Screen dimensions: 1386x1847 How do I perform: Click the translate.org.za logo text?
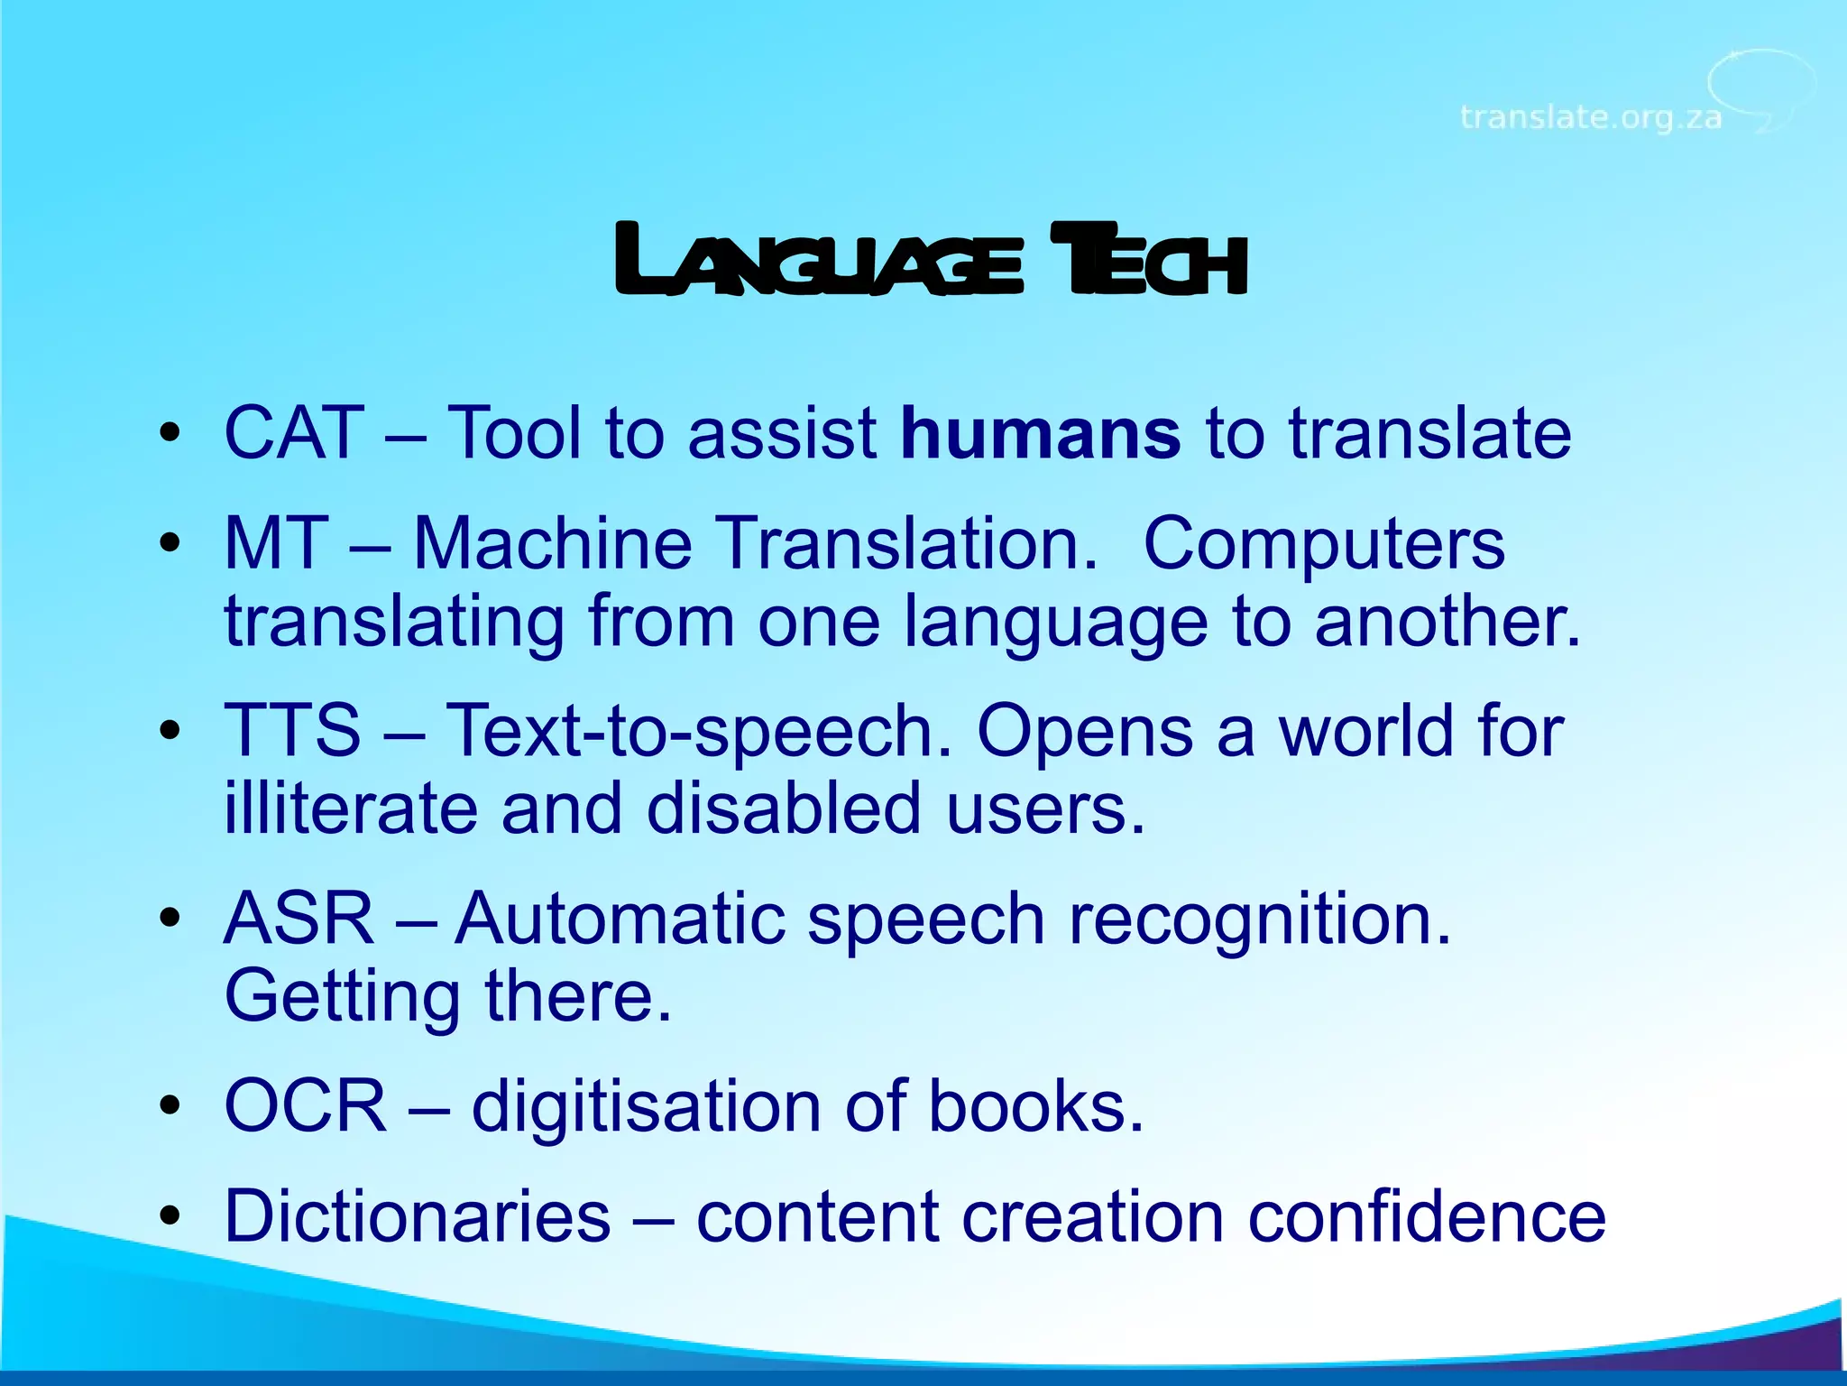pyautogui.click(x=1590, y=117)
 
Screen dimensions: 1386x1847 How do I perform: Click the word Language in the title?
pyautogui.click(x=818, y=262)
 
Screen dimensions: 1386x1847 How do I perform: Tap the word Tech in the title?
pyautogui.click(x=1149, y=262)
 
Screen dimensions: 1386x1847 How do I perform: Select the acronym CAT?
pyautogui.click(x=294, y=433)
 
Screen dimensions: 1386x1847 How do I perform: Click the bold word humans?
pyautogui.click(x=1040, y=433)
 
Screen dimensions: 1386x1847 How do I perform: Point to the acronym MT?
pyautogui.click(x=275, y=544)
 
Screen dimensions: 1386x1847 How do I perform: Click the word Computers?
pyautogui.click(x=1324, y=544)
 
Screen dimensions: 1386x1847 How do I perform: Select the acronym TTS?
pyautogui.click(x=292, y=731)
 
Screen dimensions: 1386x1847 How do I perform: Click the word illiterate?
pyautogui.click(x=351, y=808)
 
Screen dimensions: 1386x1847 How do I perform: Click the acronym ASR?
pyautogui.click(x=299, y=919)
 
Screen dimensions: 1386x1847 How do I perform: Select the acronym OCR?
pyautogui.click(x=305, y=1106)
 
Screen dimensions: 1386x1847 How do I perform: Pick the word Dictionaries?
pyautogui.click(x=417, y=1216)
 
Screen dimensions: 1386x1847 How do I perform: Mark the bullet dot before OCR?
pyautogui.click(x=170, y=1106)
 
